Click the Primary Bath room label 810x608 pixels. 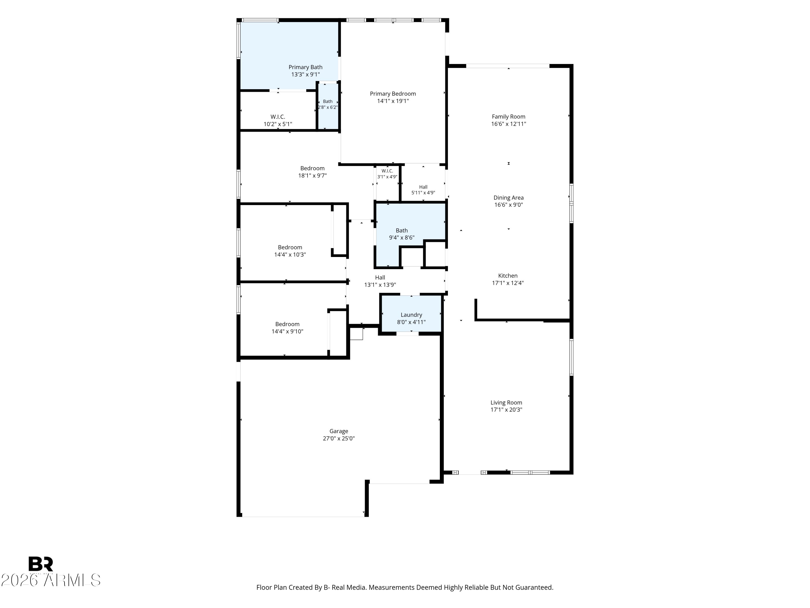point(305,67)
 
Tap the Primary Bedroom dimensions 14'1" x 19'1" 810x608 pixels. point(393,101)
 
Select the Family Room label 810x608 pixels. point(508,116)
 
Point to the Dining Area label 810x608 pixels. point(508,198)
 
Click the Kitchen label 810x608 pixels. point(508,276)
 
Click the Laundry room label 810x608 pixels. point(411,315)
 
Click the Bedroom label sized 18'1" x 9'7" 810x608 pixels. point(312,168)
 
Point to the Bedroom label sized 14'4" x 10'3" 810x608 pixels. point(290,247)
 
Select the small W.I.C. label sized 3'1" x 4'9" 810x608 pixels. point(387,171)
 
